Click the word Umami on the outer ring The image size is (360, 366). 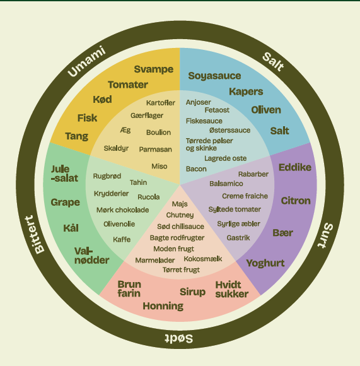tap(86, 61)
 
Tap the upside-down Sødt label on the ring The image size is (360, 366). tap(179, 338)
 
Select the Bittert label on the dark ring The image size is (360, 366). tap(35, 235)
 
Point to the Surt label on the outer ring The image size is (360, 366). tap(325, 235)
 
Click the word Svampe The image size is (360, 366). tap(154, 69)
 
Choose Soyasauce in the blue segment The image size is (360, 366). tap(214, 76)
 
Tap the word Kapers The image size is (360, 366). tap(246, 91)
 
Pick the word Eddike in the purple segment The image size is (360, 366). tap(295, 167)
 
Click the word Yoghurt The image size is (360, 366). tap(265, 263)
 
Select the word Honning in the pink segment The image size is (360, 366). tap(163, 306)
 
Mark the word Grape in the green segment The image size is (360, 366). tap(66, 203)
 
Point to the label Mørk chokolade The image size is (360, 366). tap(123, 210)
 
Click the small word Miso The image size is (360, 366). tap(160, 166)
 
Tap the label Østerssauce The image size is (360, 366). tap(229, 130)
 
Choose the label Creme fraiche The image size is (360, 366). tap(245, 196)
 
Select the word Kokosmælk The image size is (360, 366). tap(203, 259)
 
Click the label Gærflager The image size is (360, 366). tap(147, 115)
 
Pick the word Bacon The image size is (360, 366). tap(196, 168)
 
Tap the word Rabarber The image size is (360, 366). tap(253, 174)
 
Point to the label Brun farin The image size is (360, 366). tap(129, 289)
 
